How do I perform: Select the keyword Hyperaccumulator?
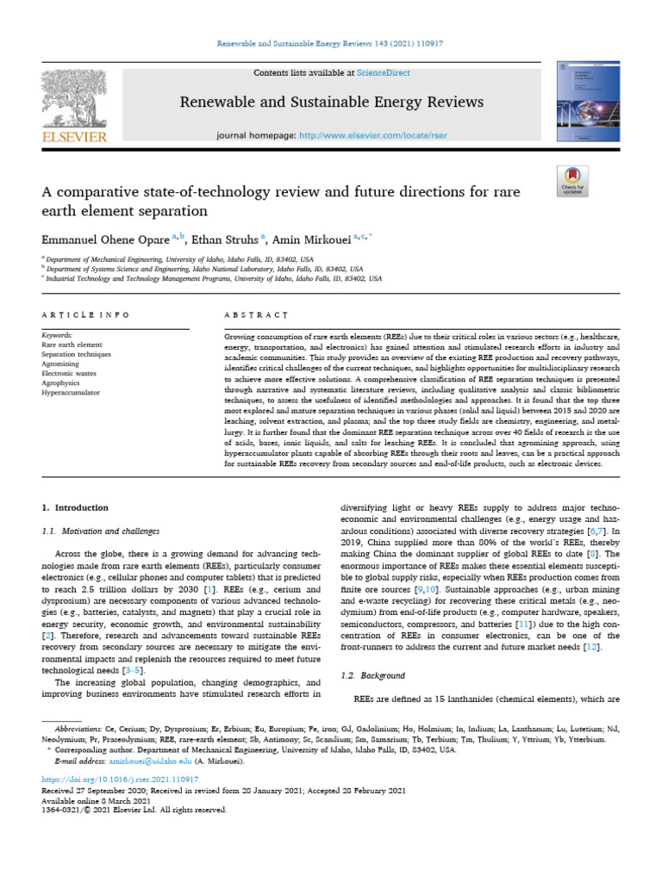(71, 392)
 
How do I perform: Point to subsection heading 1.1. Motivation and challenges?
(101, 531)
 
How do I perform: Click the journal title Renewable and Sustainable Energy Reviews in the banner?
(331, 102)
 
